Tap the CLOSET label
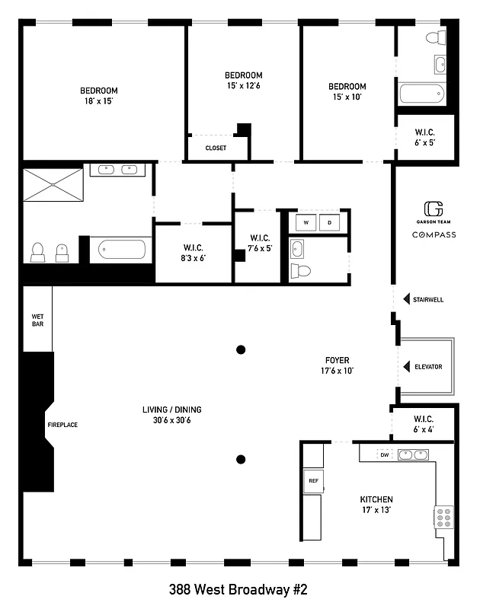(216, 148)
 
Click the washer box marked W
(306, 222)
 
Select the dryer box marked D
(330, 222)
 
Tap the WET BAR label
(37, 319)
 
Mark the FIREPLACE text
(62, 425)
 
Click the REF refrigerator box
(312, 480)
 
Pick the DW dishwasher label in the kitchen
(386, 454)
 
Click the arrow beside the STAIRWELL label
(406, 299)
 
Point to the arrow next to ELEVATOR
(407, 367)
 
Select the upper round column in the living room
(241, 349)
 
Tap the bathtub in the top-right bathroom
(421, 95)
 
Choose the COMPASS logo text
(434, 234)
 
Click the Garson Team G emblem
(434, 209)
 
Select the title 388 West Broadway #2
(239, 589)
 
